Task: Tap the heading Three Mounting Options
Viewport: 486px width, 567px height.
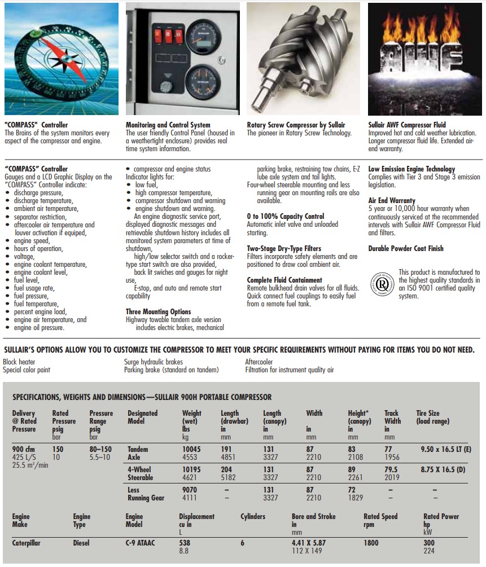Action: pyautogui.click(x=158, y=311)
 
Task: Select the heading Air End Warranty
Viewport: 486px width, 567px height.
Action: pyautogui.click(x=392, y=200)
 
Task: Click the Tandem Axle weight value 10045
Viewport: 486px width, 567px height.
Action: pyautogui.click(x=192, y=449)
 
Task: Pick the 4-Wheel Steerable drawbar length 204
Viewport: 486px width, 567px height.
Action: pyautogui.click(x=226, y=469)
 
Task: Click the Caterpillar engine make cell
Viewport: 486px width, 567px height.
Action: pyautogui.click(x=27, y=543)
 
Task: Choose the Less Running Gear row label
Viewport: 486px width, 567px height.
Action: pyautogui.click(x=146, y=494)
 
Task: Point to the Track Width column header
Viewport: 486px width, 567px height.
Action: pyautogui.click(x=392, y=417)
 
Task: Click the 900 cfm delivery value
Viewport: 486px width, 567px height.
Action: pyautogui.click(x=25, y=449)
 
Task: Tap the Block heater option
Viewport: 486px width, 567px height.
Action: pyautogui.click(x=19, y=362)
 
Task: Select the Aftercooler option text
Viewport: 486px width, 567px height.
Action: pyautogui.click(x=259, y=362)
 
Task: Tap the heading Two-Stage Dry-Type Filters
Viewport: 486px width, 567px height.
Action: pyautogui.click(x=284, y=248)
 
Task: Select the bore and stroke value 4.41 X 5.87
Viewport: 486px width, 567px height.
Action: pyautogui.click(x=309, y=543)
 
